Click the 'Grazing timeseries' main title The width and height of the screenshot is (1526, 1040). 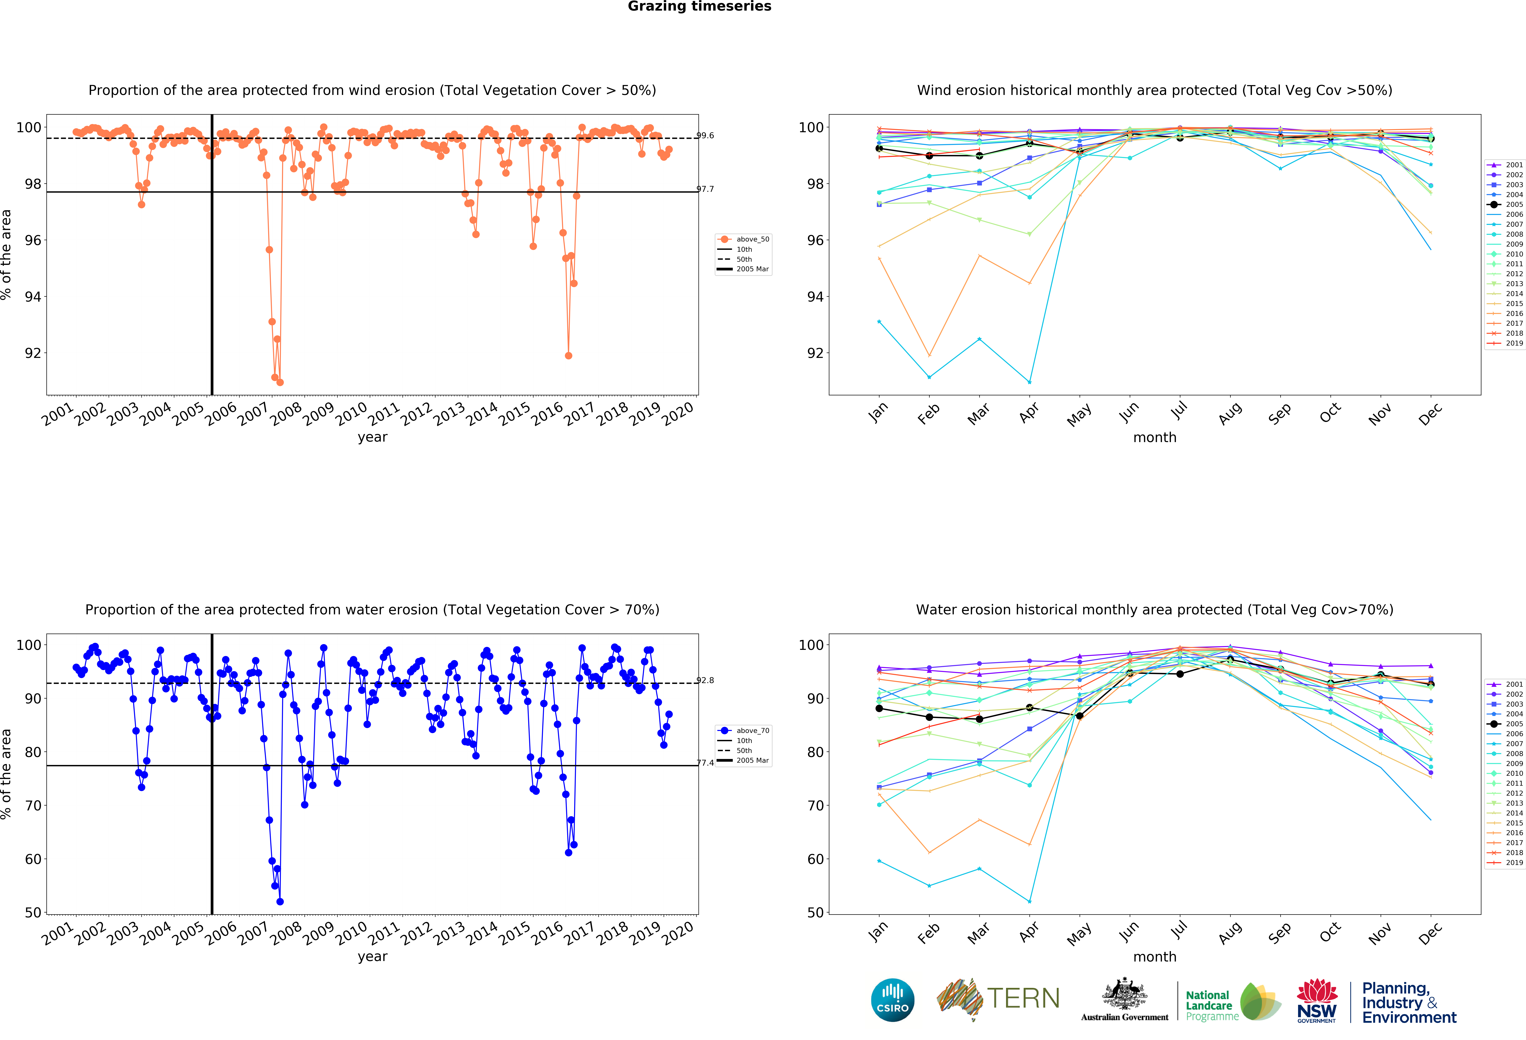tap(699, 7)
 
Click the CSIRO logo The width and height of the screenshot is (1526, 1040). tap(892, 1000)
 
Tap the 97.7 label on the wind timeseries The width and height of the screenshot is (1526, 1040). tap(705, 189)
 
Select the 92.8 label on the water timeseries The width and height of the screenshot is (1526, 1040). tap(705, 680)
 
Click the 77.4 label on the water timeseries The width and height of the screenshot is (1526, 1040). tap(705, 763)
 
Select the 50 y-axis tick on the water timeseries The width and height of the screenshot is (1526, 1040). tap(33, 913)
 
